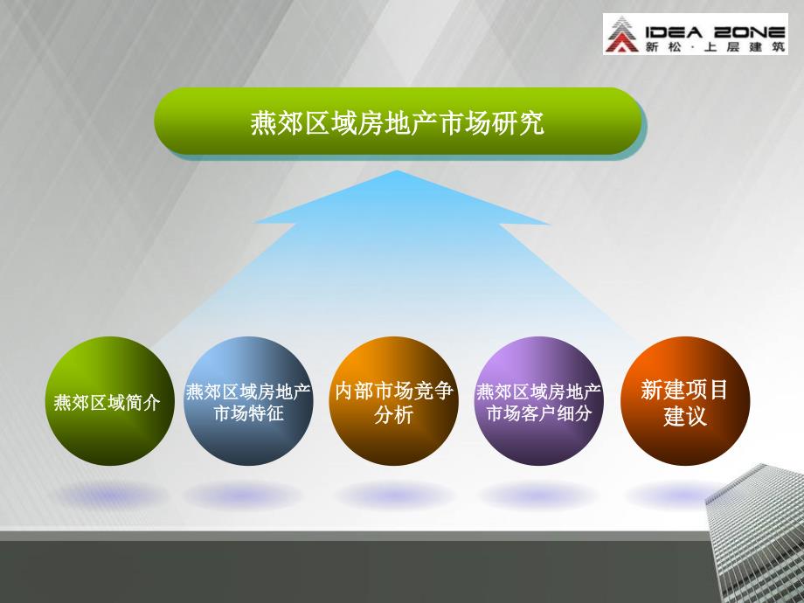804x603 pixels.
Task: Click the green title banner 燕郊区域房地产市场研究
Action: [x=398, y=121]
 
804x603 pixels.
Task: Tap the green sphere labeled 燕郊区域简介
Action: [x=110, y=401]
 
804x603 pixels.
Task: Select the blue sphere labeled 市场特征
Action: [x=249, y=401]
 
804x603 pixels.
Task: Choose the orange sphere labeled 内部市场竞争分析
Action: [x=394, y=401]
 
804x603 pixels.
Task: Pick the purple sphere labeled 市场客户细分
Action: [x=539, y=401]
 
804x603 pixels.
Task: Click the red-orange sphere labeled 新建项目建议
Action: [x=685, y=401]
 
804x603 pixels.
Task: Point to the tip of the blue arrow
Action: [x=398, y=170]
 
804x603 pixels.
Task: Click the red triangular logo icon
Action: [x=621, y=34]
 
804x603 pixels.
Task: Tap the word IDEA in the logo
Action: [x=673, y=33]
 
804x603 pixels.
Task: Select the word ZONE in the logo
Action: [x=750, y=33]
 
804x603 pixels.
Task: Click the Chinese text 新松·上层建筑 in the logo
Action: [x=715, y=46]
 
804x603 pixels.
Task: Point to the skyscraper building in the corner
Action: [x=755, y=533]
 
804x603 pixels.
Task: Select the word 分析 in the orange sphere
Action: [x=393, y=415]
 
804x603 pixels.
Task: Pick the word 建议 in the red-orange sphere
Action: [x=685, y=416]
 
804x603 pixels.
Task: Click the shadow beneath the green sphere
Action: [x=110, y=496]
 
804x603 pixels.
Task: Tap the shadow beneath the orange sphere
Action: [x=394, y=496]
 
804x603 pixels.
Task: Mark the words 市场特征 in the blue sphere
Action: [x=249, y=413]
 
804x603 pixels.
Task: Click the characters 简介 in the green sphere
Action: [x=142, y=403]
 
